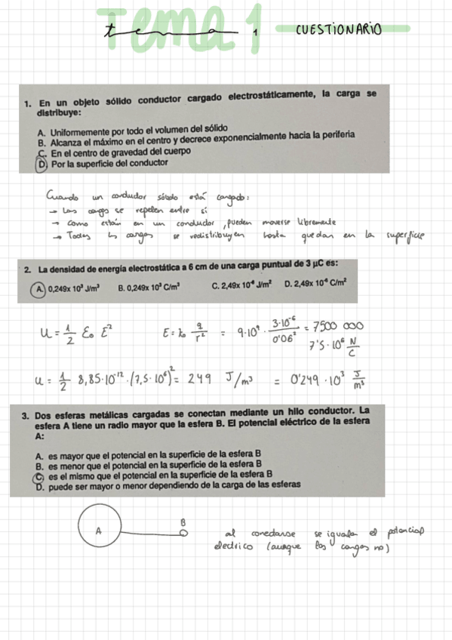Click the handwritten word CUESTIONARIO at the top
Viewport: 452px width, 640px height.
(x=339, y=30)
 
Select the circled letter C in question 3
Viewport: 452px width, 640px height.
(x=39, y=478)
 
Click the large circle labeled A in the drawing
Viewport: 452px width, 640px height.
(x=98, y=532)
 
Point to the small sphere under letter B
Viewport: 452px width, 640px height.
(x=183, y=532)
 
